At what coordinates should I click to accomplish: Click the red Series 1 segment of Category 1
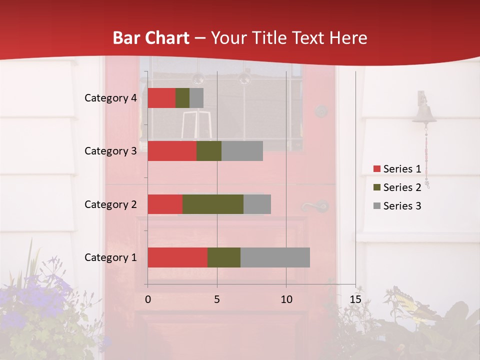click(x=177, y=257)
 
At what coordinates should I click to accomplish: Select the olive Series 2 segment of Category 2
click(x=212, y=204)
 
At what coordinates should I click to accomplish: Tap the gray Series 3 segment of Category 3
click(x=242, y=151)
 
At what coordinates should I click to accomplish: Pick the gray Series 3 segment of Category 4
click(x=196, y=98)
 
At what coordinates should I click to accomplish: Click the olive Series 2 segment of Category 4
click(x=182, y=98)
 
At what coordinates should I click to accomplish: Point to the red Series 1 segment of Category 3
click(x=172, y=151)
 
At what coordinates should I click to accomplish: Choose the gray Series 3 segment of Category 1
click(x=275, y=257)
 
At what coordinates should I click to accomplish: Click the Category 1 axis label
click(x=110, y=257)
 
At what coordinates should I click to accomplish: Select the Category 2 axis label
click(x=110, y=204)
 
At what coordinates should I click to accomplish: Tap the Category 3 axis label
click(x=110, y=151)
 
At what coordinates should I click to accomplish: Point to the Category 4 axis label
click(x=110, y=98)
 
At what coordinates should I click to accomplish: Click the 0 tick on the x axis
click(x=147, y=299)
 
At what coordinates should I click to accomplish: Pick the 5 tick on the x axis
click(x=217, y=299)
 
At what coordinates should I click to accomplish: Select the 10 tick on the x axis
click(x=286, y=299)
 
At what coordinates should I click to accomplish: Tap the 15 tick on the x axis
click(x=355, y=299)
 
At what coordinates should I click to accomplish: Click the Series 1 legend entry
click(x=397, y=169)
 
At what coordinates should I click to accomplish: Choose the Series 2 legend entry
click(x=397, y=187)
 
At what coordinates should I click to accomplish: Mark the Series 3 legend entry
click(x=397, y=206)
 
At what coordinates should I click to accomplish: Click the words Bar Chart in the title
click(x=150, y=38)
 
